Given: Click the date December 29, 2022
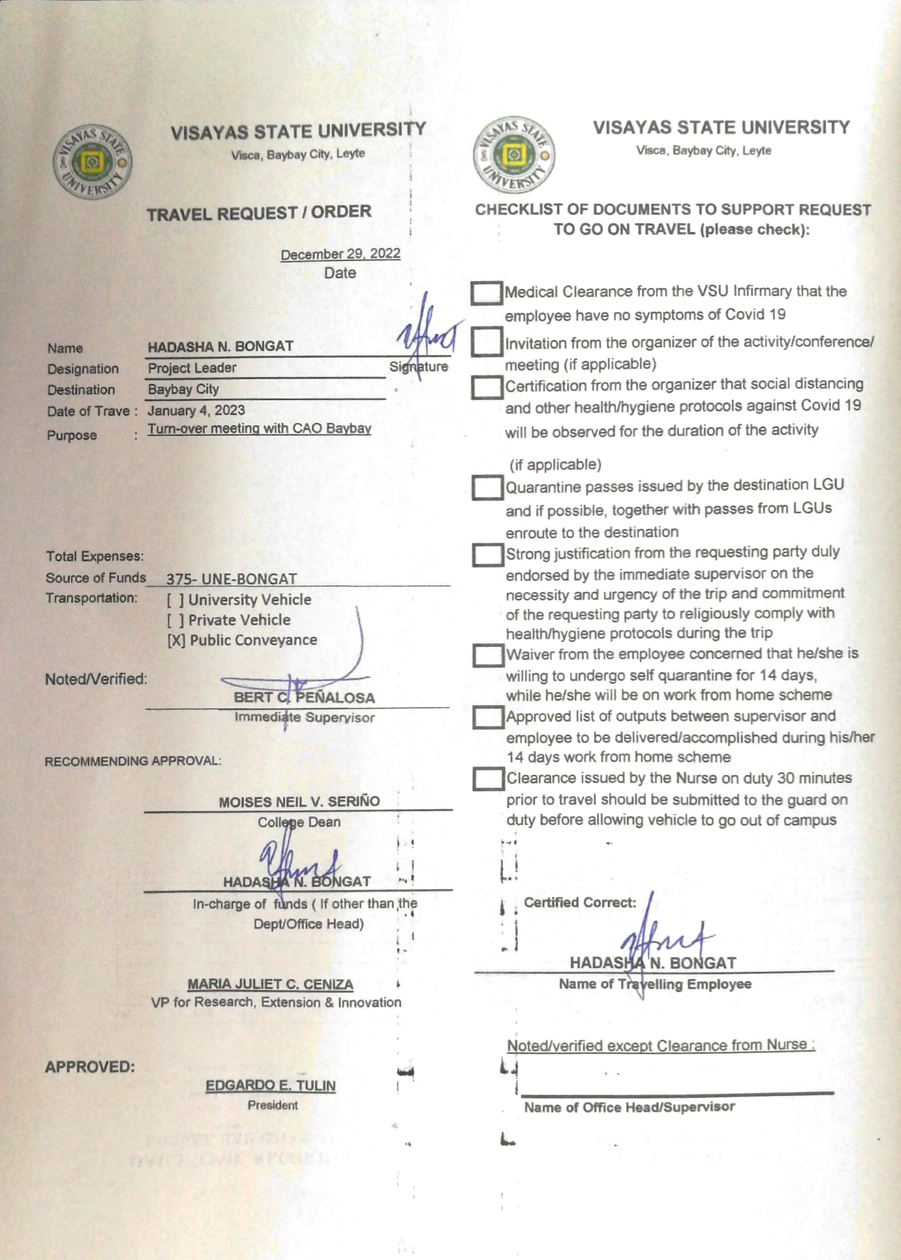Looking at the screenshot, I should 340,254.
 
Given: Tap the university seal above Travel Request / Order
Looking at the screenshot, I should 92,161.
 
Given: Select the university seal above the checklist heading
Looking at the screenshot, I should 514,155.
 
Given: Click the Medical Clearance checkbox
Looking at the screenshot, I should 486,293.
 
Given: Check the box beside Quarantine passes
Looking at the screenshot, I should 487,487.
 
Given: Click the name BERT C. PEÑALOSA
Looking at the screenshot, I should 304,697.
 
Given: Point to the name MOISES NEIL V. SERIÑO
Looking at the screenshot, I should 299,802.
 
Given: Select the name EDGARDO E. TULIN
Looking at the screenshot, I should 270,1085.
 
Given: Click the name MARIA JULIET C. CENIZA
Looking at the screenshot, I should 270,984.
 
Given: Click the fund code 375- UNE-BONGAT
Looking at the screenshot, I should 231,579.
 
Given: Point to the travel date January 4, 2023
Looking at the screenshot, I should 196,410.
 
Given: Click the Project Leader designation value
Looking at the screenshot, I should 192,368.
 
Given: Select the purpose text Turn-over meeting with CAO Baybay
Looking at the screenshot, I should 259,428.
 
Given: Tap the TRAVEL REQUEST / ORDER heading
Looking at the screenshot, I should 259,213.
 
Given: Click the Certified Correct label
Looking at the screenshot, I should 580,902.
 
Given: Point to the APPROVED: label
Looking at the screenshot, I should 90,1067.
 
